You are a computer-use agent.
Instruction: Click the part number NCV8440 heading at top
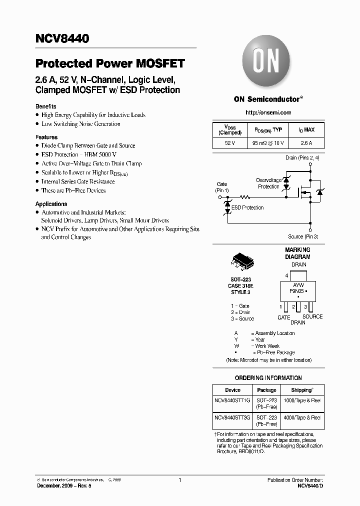pyautogui.click(x=62, y=39)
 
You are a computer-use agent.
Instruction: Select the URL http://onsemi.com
pyautogui.click(x=268, y=113)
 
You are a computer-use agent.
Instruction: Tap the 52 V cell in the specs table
pyautogui.click(x=229, y=143)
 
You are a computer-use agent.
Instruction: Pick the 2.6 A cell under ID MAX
pyautogui.click(x=306, y=143)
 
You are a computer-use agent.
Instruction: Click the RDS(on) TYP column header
pyautogui.click(x=268, y=130)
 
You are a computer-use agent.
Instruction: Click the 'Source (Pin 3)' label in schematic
pyautogui.click(x=303, y=236)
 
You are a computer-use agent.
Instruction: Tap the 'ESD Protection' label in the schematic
pyautogui.click(x=248, y=207)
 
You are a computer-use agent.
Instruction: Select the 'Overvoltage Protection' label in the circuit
pyautogui.click(x=268, y=183)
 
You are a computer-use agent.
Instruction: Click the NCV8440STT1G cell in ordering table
pyautogui.click(x=232, y=400)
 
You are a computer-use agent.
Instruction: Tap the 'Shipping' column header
pyautogui.click(x=302, y=390)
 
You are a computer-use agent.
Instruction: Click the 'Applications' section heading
pyautogui.click(x=51, y=204)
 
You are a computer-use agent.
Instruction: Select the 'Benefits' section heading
pyautogui.click(x=45, y=106)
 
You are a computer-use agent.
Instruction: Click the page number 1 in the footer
pyautogui.click(x=179, y=480)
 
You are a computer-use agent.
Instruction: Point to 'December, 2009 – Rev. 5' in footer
pyautogui.click(x=64, y=486)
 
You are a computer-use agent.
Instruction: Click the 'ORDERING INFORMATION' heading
pyautogui.click(x=268, y=378)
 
